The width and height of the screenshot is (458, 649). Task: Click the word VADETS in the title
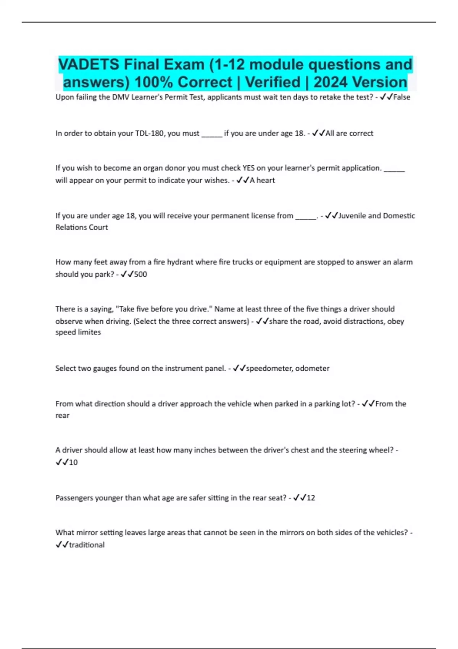(x=89, y=65)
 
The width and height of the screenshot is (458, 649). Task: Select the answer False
(x=402, y=97)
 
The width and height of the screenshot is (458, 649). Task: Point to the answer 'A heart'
(x=262, y=180)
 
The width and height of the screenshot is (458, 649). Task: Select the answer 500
(x=140, y=274)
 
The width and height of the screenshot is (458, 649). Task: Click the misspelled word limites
(x=89, y=332)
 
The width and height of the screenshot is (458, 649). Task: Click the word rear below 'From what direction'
(x=63, y=415)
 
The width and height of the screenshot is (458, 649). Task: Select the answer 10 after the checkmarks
(x=73, y=462)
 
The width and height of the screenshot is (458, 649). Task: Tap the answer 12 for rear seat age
(x=311, y=498)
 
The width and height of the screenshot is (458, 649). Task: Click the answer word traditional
(x=87, y=545)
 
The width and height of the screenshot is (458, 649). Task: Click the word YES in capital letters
(x=248, y=168)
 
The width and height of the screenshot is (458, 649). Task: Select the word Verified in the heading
(x=273, y=82)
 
